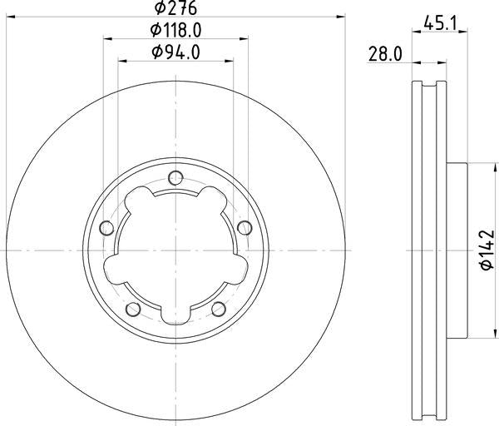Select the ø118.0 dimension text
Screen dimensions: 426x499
(176, 31)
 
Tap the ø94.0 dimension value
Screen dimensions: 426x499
(176, 52)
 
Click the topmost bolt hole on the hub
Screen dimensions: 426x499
(175, 176)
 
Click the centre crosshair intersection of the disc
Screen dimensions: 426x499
(175, 250)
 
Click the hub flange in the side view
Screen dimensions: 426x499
(457, 250)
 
